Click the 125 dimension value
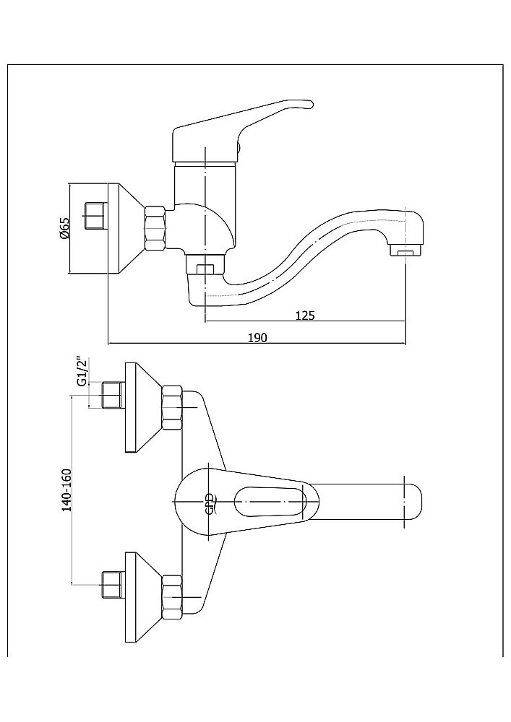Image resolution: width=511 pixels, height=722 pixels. pos(304,315)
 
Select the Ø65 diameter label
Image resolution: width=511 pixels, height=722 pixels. pos(64,229)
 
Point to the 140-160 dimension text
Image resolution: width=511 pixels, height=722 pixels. pos(67,492)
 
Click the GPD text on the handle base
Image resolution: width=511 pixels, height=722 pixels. pos(210,503)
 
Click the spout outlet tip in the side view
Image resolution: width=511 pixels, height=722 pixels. pos(404,251)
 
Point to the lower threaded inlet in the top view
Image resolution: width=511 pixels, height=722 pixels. pos(111,583)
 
